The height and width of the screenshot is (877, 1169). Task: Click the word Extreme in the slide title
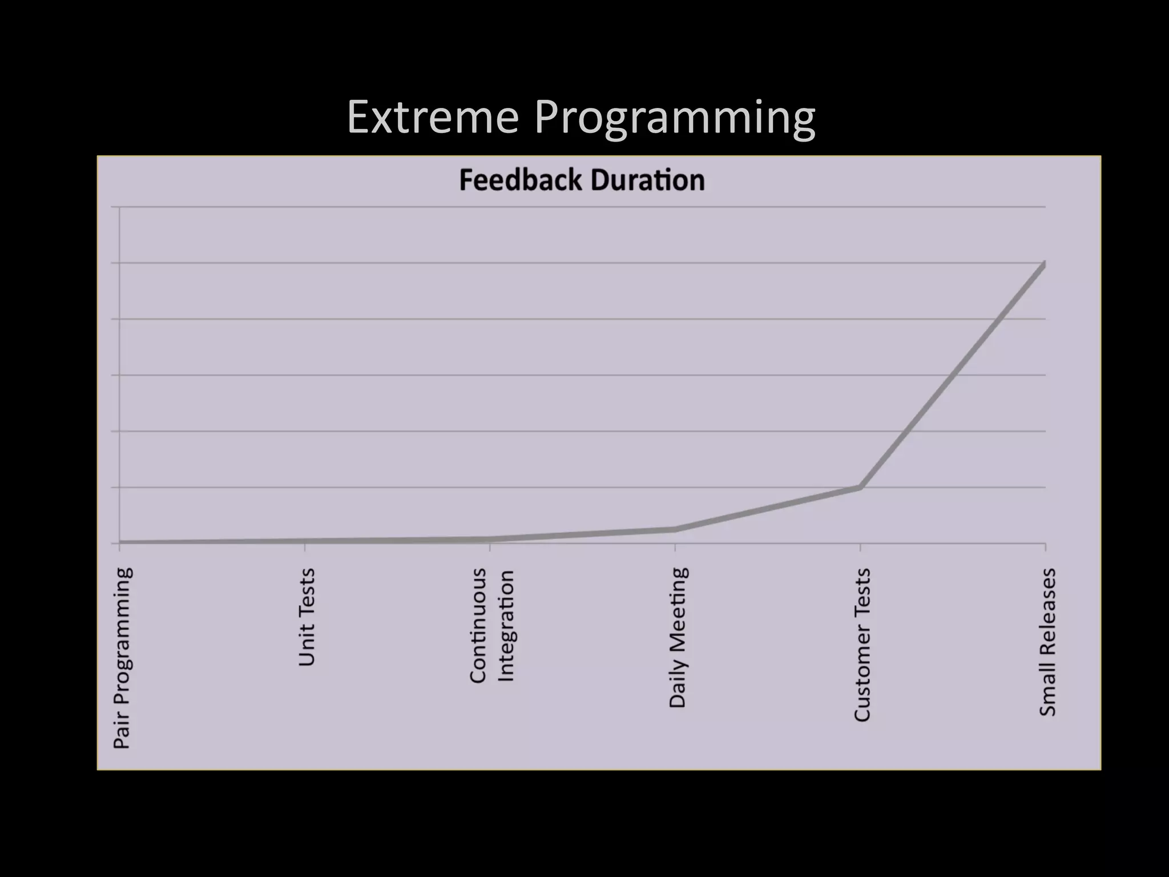(x=433, y=118)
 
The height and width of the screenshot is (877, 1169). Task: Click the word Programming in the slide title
(x=675, y=119)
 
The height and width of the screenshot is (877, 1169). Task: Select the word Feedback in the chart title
(x=521, y=180)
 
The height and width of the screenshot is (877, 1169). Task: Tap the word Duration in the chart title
(x=648, y=180)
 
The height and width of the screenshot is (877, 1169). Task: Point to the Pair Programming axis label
(x=122, y=658)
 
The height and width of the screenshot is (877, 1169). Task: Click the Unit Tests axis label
(x=307, y=617)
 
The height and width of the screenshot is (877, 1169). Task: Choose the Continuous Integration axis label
(x=492, y=625)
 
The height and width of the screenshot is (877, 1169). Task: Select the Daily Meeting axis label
(x=677, y=638)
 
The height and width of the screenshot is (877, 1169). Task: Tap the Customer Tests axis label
(x=862, y=645)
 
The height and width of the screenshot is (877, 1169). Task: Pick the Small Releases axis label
(x=1047, y=642)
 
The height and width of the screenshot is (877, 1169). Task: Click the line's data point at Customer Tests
(x=860, y=487)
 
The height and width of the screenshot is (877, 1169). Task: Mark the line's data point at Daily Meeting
(x=675, y=529)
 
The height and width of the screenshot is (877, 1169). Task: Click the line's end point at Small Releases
(x=1045, y=264)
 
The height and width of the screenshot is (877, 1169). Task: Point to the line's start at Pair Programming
(x=120, y=542)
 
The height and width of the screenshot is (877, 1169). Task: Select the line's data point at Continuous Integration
(x=490, y=539)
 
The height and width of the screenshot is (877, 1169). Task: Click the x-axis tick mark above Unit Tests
(x=305, y=548)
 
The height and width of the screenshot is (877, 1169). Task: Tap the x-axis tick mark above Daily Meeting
(x=675, y=548)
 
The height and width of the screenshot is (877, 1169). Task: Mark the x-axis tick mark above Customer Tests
(x=860, y=548)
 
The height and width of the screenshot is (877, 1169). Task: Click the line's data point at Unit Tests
(x=305, y=541)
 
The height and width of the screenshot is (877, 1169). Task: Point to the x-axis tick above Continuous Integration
(x=490, y=548)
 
